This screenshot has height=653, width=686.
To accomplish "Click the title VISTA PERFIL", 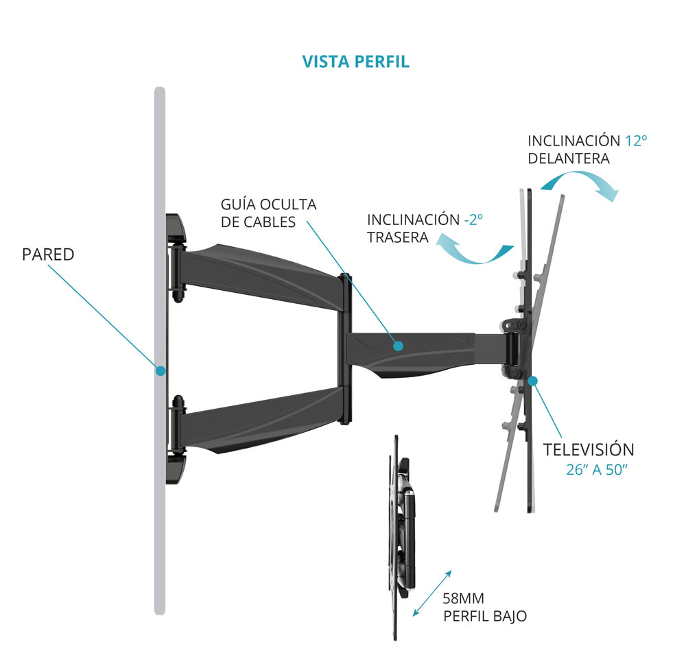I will click(x=355, y=61).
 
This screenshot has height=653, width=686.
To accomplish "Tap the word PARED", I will click(x=48, y=254).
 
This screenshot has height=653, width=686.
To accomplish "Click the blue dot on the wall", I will click(x=161, y=370).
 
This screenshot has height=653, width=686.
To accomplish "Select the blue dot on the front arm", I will click(x=398, y=346).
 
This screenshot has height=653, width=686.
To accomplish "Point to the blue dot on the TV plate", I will click(x=533, y=380).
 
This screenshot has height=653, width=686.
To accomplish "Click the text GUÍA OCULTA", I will click(x=268, y=204).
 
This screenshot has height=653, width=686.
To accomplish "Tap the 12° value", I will click(x=636, y=141).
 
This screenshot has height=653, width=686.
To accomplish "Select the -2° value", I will click(x=473, y=219).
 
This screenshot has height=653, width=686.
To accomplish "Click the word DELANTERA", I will click(x=569, y=158).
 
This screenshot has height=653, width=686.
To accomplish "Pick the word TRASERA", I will click(x=398, y=237).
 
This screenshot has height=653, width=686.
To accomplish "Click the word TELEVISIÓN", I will click(x=588, y=450).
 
